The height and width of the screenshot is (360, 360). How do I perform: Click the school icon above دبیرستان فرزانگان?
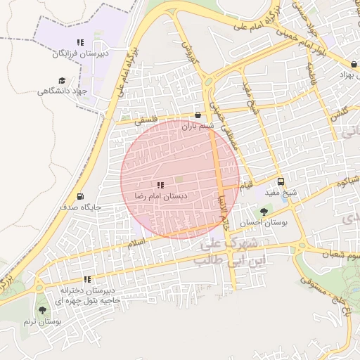[x=80, y=42]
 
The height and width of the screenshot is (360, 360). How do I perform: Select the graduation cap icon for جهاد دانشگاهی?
[x=61, y=81]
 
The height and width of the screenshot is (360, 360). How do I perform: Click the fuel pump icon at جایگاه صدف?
[x=80, y=196]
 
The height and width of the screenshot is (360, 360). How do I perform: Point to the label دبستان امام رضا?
[x=165, y=197]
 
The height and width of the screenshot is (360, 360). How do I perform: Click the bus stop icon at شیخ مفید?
[x=281, y=181]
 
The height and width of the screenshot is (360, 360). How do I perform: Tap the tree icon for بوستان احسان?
[x=264, y=211]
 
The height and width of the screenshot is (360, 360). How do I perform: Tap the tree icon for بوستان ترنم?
[x=42, y=309]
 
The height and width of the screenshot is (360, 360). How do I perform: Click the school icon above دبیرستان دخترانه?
[x=87, y=279]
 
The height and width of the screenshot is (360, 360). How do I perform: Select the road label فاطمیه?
[x=309, y=70]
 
